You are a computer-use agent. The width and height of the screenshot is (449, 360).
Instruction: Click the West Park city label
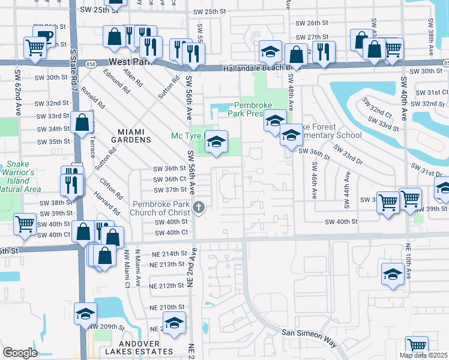[x=130, y=62]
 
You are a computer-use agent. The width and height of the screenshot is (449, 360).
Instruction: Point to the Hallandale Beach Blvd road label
[x=258, y=68]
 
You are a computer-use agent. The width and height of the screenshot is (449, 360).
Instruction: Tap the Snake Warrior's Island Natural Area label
[x=21, y=177]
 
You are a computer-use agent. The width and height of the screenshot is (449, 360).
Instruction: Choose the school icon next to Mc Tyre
[x=216, y=142]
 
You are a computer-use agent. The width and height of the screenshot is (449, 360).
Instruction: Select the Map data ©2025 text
[x=423, y=355]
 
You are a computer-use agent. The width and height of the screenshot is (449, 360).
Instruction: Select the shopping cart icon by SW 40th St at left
[x=25, y=225]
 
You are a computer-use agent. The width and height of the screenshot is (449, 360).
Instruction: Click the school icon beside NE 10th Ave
[x=393, y=274]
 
